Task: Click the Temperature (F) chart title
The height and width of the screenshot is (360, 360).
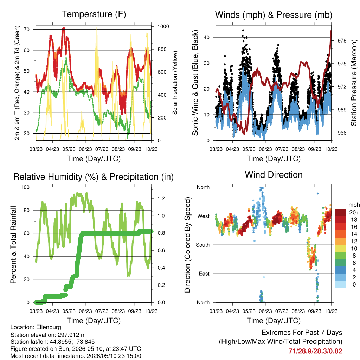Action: [94, 14]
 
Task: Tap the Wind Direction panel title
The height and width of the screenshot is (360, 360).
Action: [274, 175]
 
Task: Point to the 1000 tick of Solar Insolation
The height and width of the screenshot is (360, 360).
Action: [163, 26]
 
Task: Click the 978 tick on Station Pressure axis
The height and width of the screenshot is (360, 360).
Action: [342, 41]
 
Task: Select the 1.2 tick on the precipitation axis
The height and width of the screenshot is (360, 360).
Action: [161, 198]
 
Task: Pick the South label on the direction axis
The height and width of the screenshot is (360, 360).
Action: [202, 245]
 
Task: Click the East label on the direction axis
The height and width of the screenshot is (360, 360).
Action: [204, 274]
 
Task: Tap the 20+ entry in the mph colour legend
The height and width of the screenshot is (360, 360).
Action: [354, 212]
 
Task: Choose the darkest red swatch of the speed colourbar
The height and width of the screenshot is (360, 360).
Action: [340, 212]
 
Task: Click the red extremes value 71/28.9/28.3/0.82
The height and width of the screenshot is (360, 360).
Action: [315, 351]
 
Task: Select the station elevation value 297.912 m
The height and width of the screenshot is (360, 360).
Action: [71, 335]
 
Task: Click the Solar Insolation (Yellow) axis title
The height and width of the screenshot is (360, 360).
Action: [175, 83]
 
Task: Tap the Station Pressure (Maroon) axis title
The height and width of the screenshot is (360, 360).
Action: [354, 83]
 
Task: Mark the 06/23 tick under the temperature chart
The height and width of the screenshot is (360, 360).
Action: [85, 149]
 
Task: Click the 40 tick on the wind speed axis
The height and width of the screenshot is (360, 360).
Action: [206, 37]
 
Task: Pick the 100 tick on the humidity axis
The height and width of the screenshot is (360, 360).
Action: [25, 187]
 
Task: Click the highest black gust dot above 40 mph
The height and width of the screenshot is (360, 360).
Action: [243, 30]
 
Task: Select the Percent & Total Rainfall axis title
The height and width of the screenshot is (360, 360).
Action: [13, 245]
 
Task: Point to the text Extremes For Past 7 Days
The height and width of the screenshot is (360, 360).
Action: [302, 333]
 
